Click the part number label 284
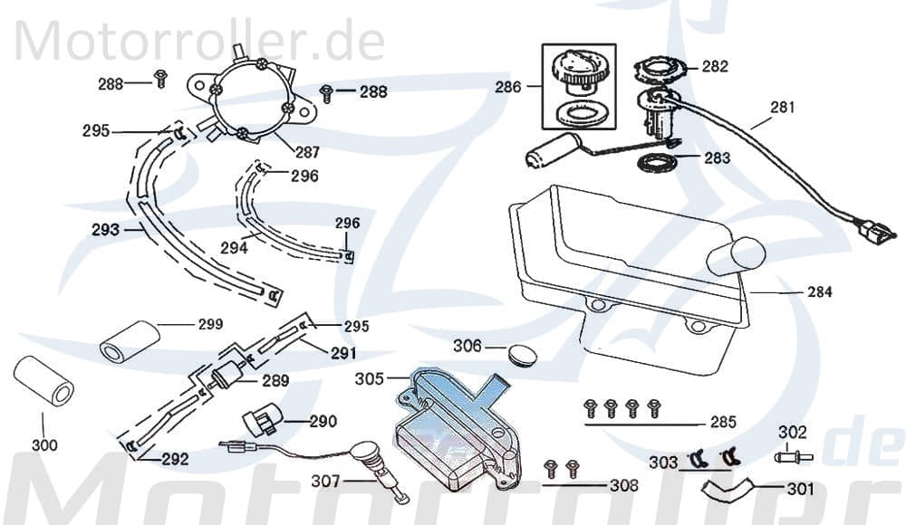coord(819,292)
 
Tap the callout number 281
coord(782,107)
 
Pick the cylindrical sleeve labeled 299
coord(129,340)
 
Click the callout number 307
coord(324,482)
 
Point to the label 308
coord(622,486)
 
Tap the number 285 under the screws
coord(722,423)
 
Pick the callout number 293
coord(105,230)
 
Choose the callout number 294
coord(234,247)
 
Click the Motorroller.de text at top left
coord(199,40)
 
